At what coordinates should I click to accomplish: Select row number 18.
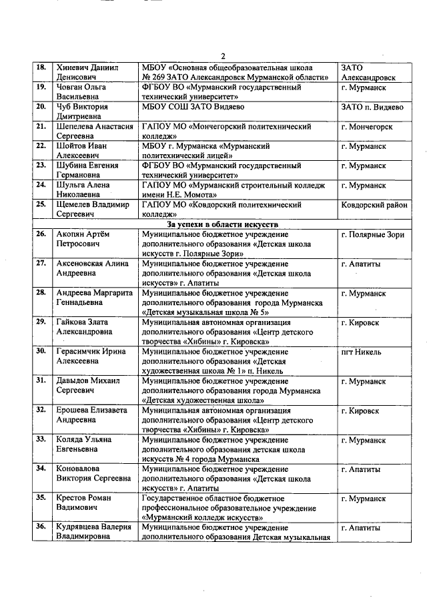[x=40, y=67]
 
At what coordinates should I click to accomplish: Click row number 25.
[x=40, y=204]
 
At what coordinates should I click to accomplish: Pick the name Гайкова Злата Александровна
[x=83, y=326]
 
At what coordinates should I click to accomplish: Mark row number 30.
[x=40, y=350]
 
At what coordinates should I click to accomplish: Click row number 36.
[x=40, y=527]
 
